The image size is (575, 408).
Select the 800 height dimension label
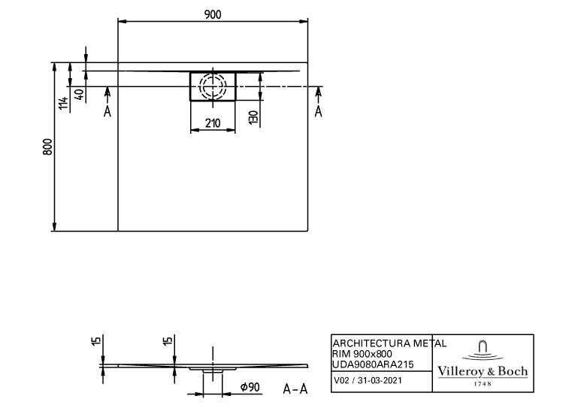(47, 147)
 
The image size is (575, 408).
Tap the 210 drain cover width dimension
(213, 122)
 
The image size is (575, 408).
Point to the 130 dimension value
(254, 116)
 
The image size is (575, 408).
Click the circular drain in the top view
(212, 86)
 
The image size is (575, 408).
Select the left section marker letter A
(107, 111)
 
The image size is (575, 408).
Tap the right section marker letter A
(318, 111)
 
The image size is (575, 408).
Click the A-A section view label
(295, 388)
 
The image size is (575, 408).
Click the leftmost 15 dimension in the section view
(96, 343)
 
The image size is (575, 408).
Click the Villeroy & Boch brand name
(483, 371)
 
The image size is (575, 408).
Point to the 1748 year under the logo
(483, 384)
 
